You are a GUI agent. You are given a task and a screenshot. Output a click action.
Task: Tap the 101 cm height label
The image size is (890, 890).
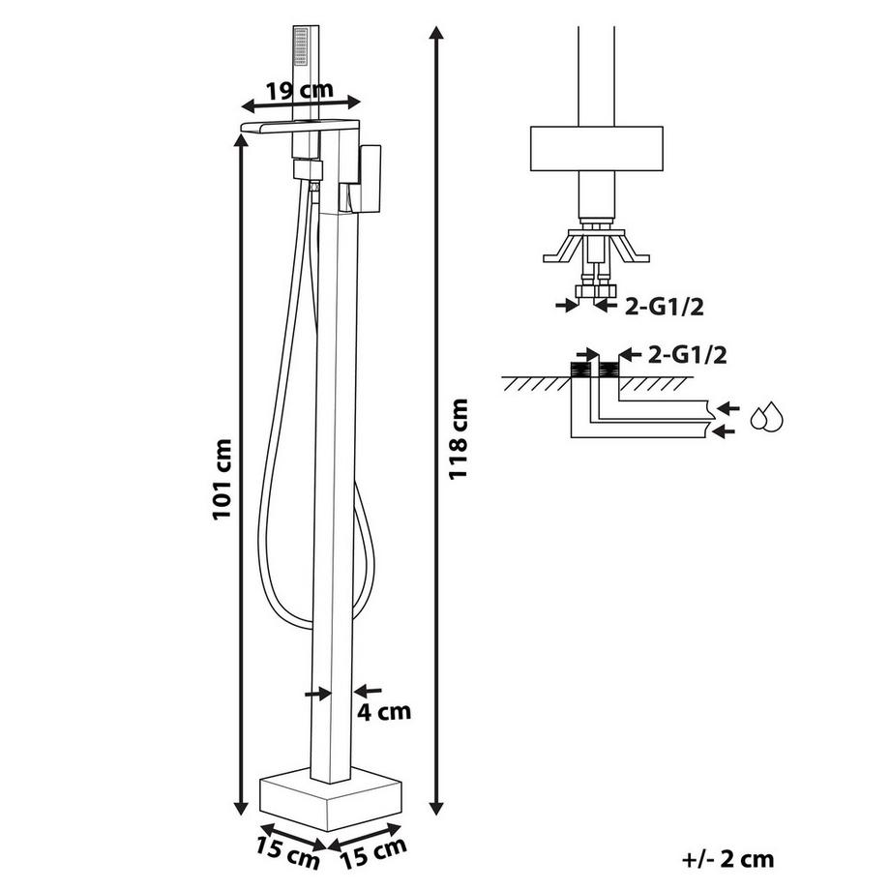click(223, 477)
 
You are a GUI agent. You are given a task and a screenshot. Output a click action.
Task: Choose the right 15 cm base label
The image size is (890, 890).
click(373, 847)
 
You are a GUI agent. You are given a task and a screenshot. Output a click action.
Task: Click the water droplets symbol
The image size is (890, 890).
click(770, 417)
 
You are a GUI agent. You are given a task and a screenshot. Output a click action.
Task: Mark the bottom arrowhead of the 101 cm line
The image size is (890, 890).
click(241, 811)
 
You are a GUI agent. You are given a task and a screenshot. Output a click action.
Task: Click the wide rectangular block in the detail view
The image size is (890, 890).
click(596, 150)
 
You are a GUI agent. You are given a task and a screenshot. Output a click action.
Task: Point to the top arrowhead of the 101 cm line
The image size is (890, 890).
click(241, 137)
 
